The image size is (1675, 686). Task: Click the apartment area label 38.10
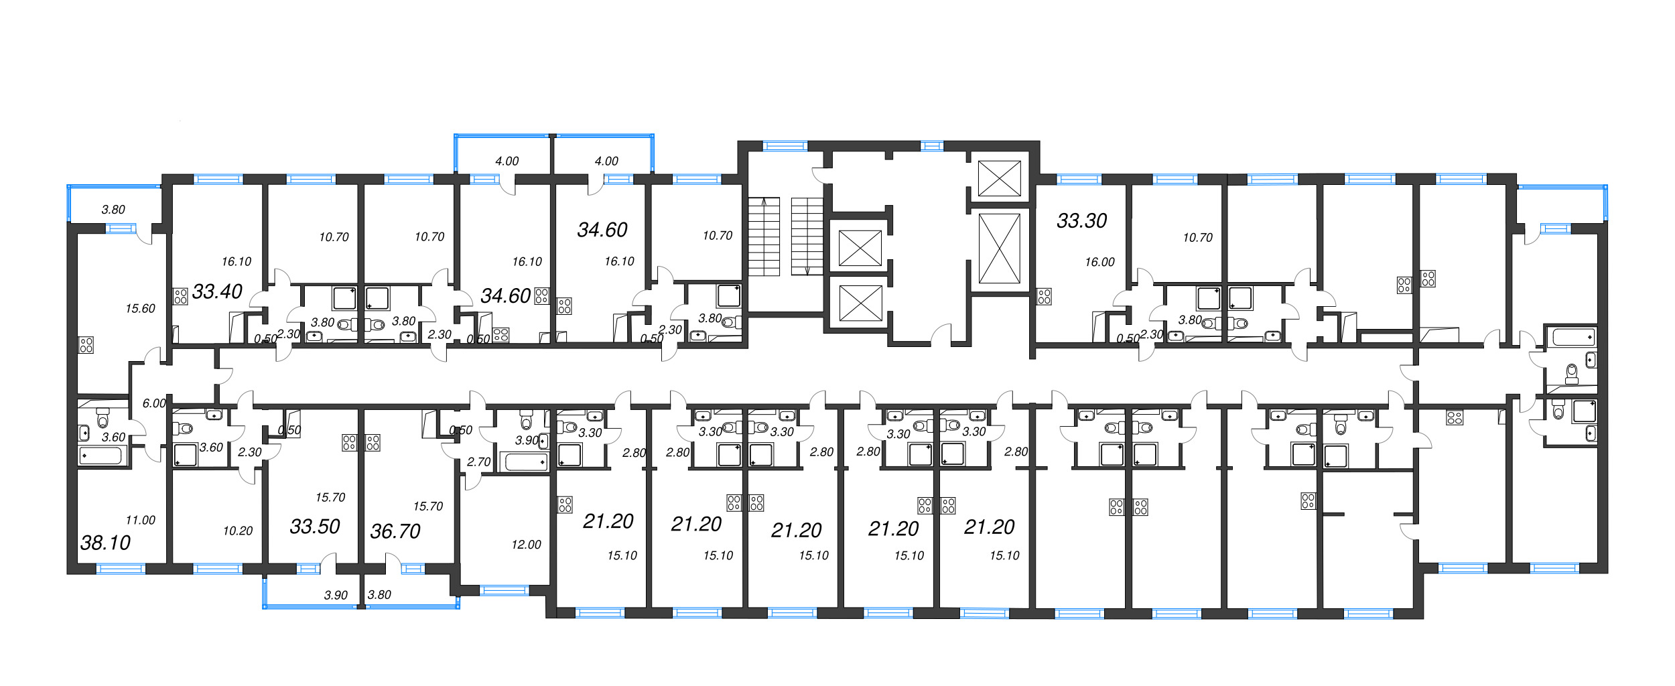point(105,543)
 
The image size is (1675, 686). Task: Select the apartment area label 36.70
point(395,531)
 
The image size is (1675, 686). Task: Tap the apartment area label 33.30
point(1081,220)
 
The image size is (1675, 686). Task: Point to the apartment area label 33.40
point(217,291)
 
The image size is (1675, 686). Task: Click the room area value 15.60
point(140,309)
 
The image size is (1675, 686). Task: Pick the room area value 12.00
point(526,545)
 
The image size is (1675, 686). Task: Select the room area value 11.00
point(140,520)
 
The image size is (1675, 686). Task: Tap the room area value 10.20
point(238,531)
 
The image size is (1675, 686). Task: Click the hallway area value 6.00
point(153,403)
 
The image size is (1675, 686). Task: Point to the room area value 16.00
point(1099,263)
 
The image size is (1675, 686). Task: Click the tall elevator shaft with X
point(999,249)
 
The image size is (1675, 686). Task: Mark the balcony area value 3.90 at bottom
point(336,595)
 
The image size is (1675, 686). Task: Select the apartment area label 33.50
point(315,527)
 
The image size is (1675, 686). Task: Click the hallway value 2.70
point(478,462)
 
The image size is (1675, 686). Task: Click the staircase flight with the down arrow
point(807,236)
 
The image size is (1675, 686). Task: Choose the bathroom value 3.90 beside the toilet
point(526,440)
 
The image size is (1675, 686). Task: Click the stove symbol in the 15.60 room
point(86,345)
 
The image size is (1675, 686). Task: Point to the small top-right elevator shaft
point(999,178)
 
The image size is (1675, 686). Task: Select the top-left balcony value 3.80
point(113,210)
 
